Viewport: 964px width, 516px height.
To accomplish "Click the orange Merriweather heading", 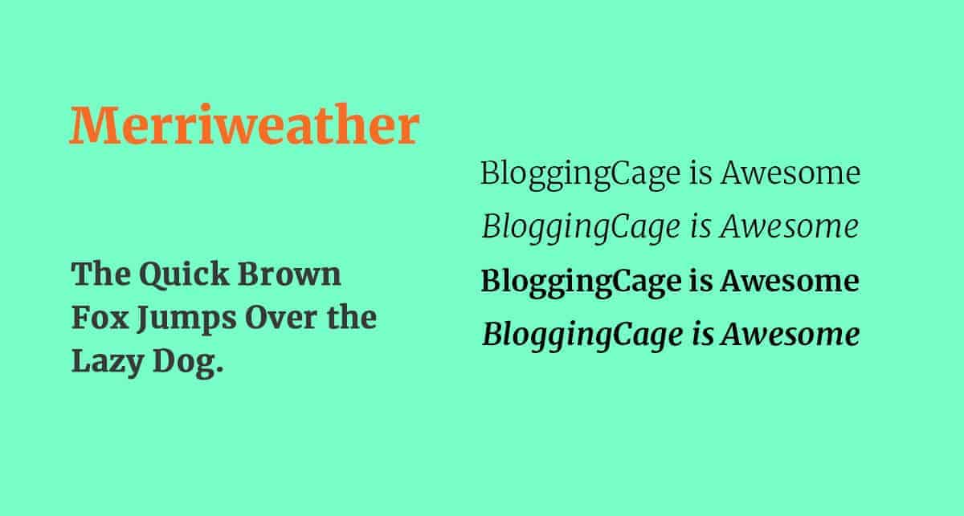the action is point(244,124).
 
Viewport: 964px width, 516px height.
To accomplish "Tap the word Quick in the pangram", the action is point(184,275).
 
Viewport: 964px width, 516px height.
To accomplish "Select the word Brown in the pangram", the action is point(289,274).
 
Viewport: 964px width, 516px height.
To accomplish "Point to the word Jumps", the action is point(186,319).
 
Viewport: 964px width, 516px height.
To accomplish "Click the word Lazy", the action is point(107,363).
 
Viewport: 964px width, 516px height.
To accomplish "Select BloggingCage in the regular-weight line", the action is point(581,175).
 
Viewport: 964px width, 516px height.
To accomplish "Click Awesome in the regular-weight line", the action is point(790,173).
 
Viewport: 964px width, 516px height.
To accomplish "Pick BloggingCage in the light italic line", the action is point(581,228).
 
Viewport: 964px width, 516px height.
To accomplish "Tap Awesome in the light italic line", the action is point(790,226).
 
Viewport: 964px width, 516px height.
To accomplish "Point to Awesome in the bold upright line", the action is point(790,281).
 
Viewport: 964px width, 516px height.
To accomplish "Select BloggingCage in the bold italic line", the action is point(582,336).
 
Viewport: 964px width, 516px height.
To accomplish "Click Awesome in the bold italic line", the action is point(791,335).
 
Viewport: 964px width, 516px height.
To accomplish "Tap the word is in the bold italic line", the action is point(702,334).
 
